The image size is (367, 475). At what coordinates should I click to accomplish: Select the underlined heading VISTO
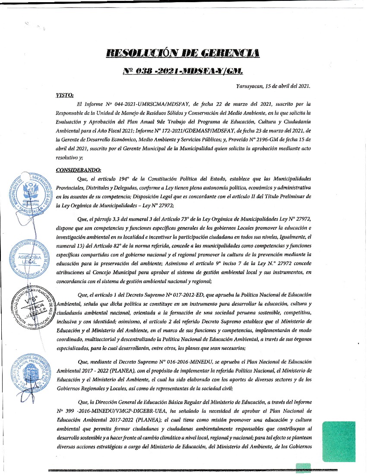tap(65, 95)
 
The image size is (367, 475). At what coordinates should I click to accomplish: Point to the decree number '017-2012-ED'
tap(193, 295)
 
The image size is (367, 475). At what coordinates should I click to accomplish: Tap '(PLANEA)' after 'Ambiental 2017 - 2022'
tap(118, 370)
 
